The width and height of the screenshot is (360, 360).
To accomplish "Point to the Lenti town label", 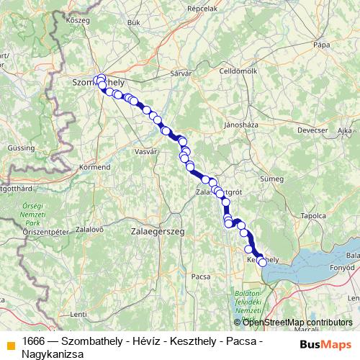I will click(78, 313).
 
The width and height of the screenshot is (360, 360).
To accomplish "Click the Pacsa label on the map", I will click(200, 276).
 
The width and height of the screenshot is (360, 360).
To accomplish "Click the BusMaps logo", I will click(326, 343).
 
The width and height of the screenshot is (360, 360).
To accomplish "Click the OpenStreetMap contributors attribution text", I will click(297, 322).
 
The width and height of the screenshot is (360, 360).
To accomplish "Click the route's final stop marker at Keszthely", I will click(263, 263).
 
